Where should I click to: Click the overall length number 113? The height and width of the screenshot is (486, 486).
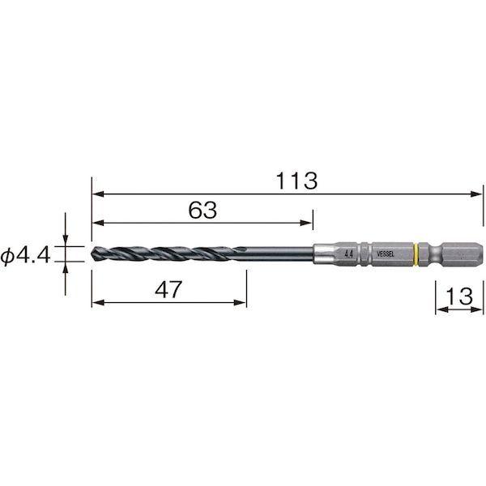296,181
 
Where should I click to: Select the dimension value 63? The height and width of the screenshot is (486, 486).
202,210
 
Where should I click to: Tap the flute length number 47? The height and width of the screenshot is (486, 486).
168,289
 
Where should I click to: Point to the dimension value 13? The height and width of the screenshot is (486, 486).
459,296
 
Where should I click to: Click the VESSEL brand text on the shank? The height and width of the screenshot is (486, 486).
386,254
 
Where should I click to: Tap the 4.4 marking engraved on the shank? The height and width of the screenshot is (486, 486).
348,254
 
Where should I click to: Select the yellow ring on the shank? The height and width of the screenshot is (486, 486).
416,254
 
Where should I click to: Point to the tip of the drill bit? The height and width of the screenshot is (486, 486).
92,254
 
